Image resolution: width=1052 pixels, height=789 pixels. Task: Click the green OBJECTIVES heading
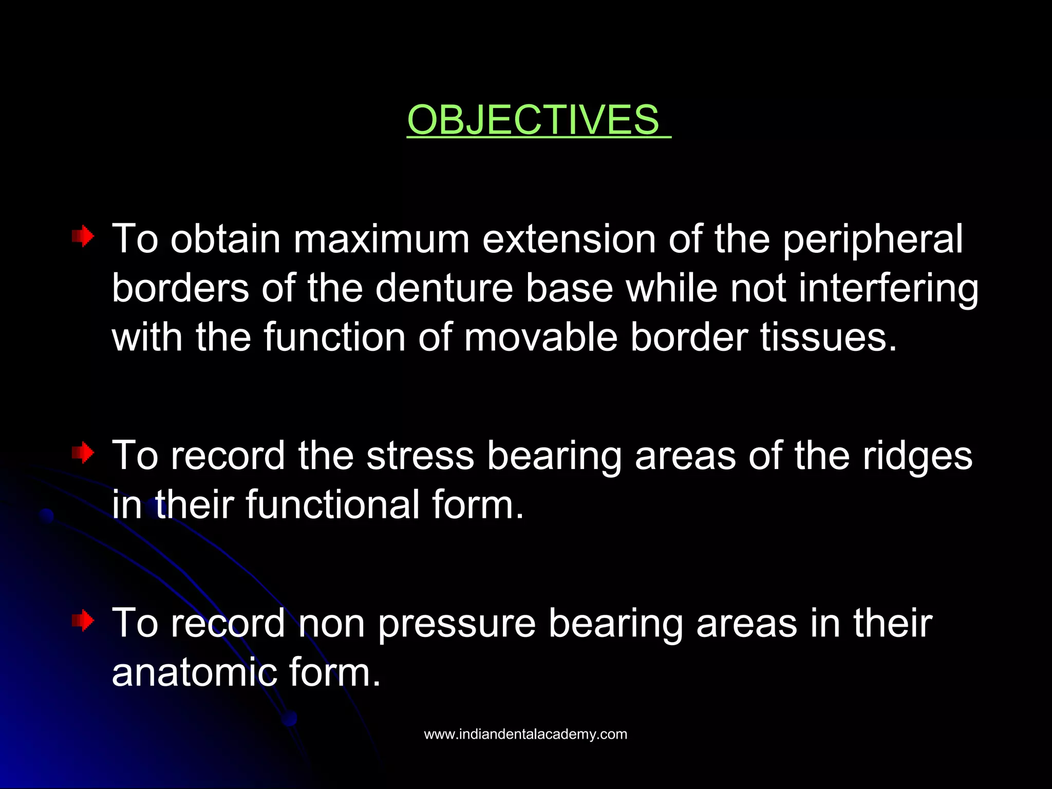pyautogui.click(x=533, y=120)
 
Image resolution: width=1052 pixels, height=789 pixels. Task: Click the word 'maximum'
pyautogui.click(x=381, y=239)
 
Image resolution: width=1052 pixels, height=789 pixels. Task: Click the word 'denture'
pyautogui.click(x=444, y=288)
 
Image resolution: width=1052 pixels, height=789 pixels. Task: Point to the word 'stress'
pyautogui.click(x=420, y=456)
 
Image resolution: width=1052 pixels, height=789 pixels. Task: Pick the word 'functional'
pyautogui.click(x=333, y=504)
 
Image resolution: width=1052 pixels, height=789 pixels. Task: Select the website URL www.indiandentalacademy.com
pyautogui.click(x=525, y=734)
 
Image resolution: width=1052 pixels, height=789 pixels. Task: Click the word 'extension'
pyautogui.click(x=569, y=239)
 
